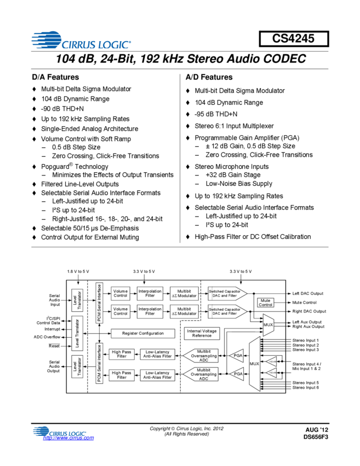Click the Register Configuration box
(x=142, y=333)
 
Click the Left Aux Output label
(x=307, y=322)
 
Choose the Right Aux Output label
(x=308, y=327)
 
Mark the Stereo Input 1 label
(x=305, y=340)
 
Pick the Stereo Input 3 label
(x=305, y=350)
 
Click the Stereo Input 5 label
(x=305, y=383)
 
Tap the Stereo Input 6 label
(x=305, y=388)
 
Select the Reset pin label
(x=54, y=346)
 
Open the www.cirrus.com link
(x=68, y=438)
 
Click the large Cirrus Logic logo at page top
(x=81, y=40)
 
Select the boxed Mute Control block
(x=265, y=303)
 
